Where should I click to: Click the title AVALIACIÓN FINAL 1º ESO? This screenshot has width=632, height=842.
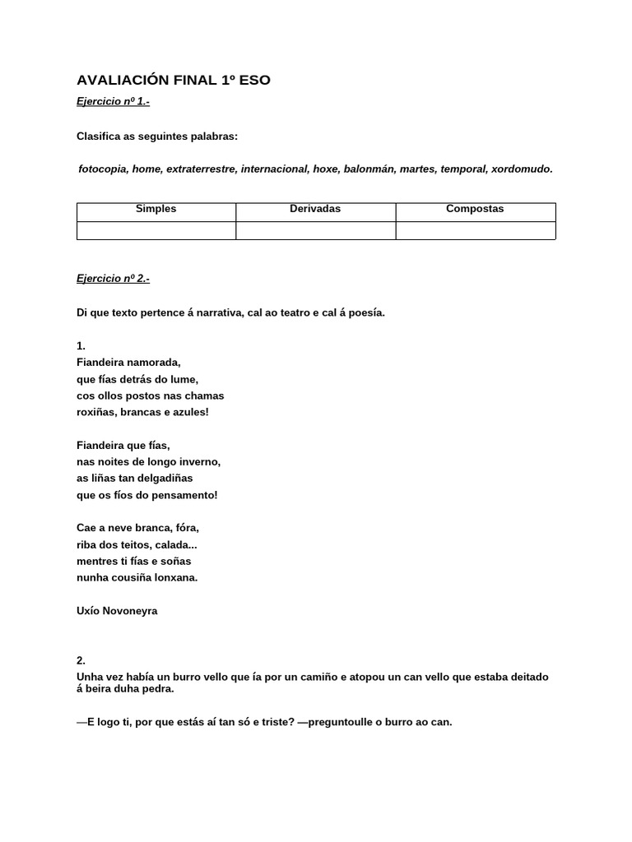coord(173,80)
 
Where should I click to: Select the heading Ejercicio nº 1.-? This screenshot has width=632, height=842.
coord(113,102)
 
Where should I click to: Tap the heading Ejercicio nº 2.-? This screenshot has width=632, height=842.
coord(113,279)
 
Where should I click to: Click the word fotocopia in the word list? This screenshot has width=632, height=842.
coord(102,169)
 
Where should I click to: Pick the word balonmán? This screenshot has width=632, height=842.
coord(369,169)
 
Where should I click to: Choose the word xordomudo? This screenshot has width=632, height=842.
coord(521,169)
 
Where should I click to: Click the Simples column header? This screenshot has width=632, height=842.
coord(156,209)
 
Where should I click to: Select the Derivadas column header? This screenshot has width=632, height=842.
coord(315,209)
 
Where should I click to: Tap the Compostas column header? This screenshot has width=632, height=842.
coord(475,209)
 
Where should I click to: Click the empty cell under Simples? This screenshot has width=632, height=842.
coord(156,230)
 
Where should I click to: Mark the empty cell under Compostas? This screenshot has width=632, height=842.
coord(475,230)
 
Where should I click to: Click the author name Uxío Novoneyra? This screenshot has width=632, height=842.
coord(117,611)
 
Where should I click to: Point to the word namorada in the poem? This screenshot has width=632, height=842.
coord(154,363)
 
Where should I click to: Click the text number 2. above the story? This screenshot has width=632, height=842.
coord(81,660)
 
